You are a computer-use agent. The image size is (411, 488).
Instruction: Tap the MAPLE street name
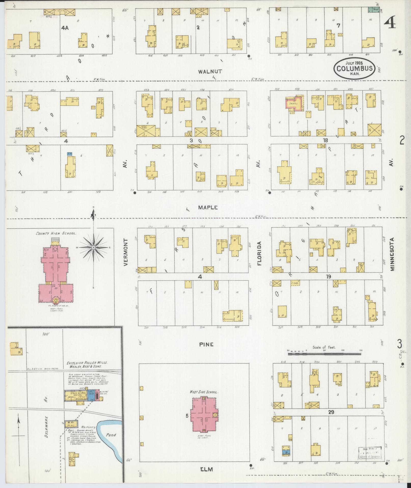click(x=208, y=208)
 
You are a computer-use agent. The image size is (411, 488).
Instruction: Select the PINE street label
click(x=206, y=344)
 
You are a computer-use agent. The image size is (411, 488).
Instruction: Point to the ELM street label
click(x=206, y=469)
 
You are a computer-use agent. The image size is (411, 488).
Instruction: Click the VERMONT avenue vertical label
click(x=125, y=253)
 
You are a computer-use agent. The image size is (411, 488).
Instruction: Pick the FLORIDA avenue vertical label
click(x=259, y=254)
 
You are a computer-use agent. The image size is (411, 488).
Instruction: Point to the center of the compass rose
click(x=94, y=247)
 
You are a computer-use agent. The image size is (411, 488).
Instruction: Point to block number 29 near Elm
click(x=331, y=412)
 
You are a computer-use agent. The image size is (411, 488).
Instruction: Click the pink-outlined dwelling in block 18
click(x=295, y=104)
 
